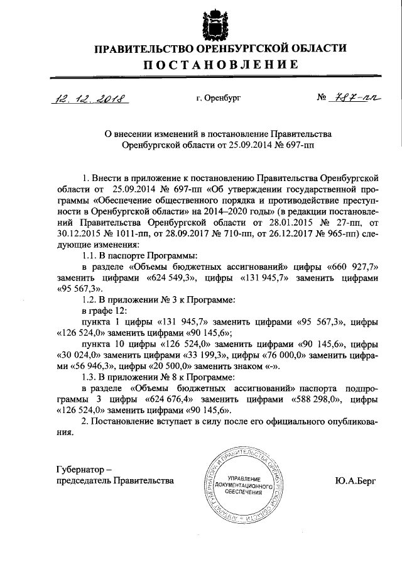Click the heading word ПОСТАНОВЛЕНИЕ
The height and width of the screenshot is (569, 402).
pos(212,65)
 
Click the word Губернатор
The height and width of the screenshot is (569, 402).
pos(76,469)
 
